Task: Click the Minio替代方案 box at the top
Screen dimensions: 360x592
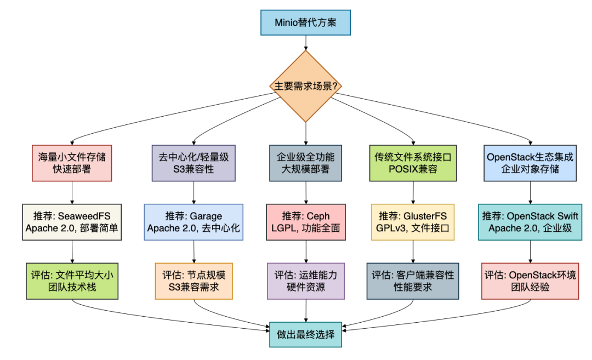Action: [305, 24]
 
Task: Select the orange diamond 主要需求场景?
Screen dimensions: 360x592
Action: [305, 86]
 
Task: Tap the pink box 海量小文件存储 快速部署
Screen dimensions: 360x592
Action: [72, 163]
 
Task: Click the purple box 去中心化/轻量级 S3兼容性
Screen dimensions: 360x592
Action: [193, 163]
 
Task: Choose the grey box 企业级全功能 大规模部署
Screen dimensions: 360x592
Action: [305, 163]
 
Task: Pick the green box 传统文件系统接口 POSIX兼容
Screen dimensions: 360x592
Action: [413, 163]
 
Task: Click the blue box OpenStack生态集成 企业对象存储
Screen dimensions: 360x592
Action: [530, 163]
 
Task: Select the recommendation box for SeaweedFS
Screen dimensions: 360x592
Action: [72, 222]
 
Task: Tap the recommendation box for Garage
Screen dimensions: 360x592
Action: [193, 222]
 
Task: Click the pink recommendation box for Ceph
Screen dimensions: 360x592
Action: [305, 222]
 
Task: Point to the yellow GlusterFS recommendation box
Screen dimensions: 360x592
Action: [413, 222]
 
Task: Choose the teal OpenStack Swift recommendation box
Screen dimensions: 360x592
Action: [530, 222]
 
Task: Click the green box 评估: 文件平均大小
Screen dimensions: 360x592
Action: [72, 281]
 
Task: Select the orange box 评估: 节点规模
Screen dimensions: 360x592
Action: [193, 281]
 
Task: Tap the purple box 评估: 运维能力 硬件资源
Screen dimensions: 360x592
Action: [305, 281]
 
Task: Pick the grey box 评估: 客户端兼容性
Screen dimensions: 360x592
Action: [413, 281]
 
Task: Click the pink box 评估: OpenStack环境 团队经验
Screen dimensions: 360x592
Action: [530, 281]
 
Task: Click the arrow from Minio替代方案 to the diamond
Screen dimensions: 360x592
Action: [305, 43]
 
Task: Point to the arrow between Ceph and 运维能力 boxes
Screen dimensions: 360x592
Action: [305, 251]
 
